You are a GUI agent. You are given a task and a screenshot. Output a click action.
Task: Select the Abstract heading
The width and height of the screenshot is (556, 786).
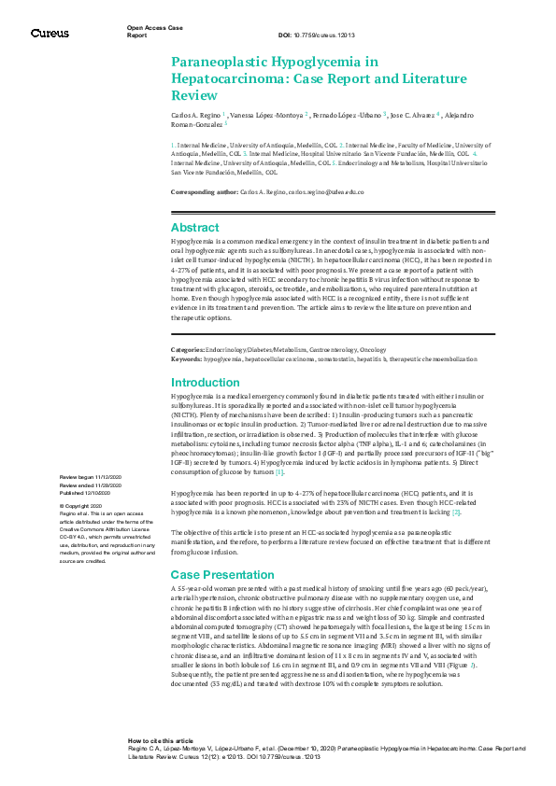click(x=196, y=227)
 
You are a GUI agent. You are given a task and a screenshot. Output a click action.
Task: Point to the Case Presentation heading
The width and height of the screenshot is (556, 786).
click(x=222, y=573)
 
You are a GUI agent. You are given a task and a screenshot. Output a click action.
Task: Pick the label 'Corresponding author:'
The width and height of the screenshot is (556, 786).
click(x=205, y=191)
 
